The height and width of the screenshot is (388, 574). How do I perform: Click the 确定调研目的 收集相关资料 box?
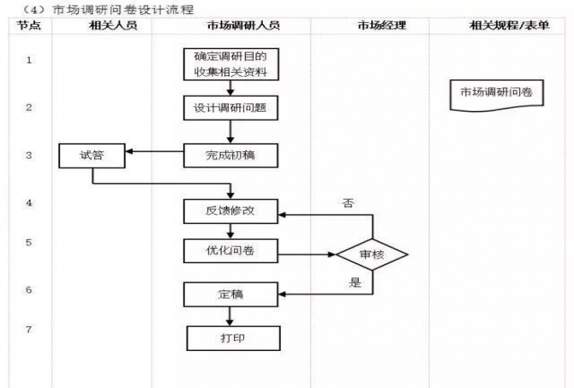coord(231,64)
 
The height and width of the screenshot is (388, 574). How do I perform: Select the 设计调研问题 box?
coord(231,108)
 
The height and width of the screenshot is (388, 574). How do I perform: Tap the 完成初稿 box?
coord(231,154)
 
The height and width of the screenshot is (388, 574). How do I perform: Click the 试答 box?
coord(92,154)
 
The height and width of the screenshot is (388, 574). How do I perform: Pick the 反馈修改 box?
coord(231,211)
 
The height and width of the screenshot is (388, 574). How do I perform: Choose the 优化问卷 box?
coord(231,251)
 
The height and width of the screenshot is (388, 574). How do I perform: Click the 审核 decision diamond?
coord(372,254)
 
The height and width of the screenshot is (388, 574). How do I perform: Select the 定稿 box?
coord(231,294)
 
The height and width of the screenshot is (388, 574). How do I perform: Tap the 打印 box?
coord(233,338)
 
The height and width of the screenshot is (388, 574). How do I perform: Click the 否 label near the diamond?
coord(348,204)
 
